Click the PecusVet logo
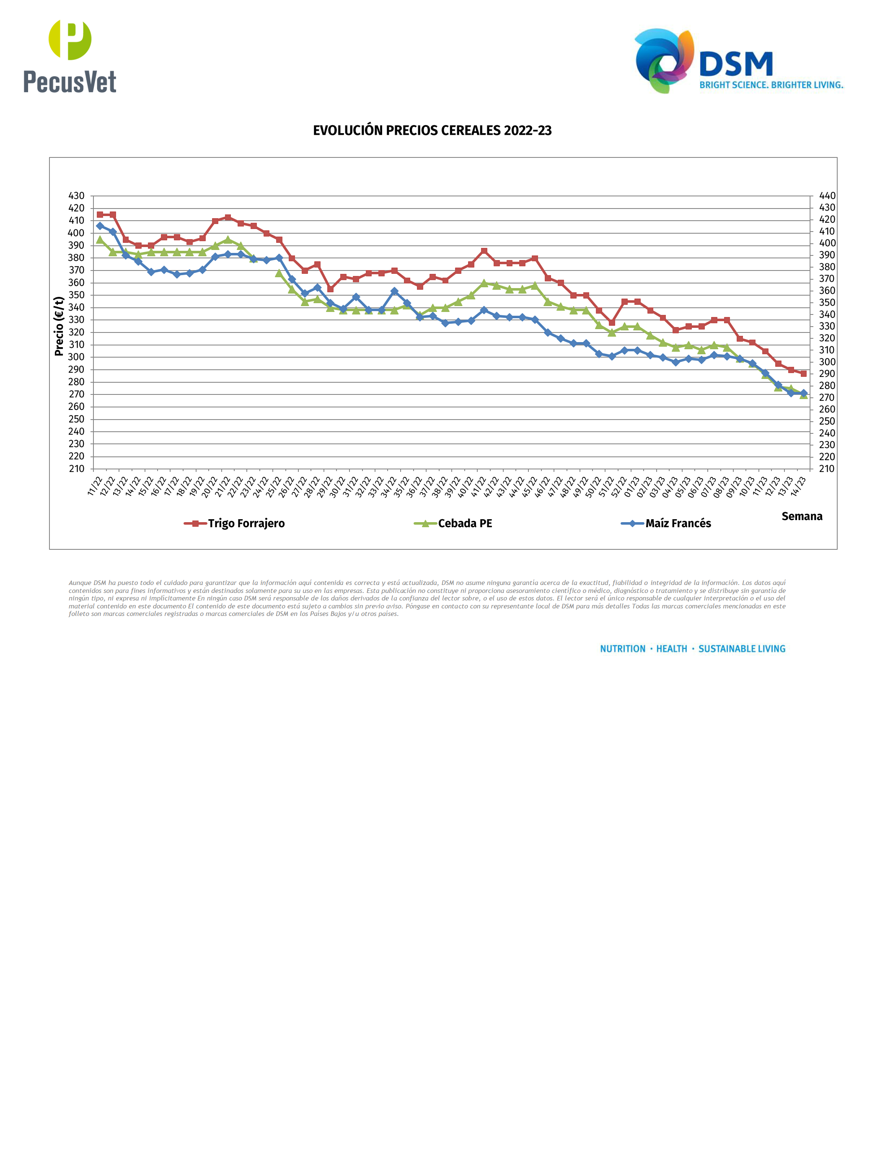point(70,57)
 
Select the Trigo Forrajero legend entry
point(235,523)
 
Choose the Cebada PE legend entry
point(453,523)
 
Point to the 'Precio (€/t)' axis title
point(59,326)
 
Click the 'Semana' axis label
point(801,516)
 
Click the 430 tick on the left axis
point(76,196)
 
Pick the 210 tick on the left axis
point(76,469)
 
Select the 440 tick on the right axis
point(827,196)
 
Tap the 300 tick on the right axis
point(827,362)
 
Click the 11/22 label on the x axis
point(95,487)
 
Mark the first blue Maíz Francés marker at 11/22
point(100,226)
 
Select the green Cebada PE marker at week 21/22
point(228,240)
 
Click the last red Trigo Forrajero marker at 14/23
point(803,374)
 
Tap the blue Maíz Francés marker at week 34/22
point(394,291)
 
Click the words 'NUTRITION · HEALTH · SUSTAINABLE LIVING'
point(692,649)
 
